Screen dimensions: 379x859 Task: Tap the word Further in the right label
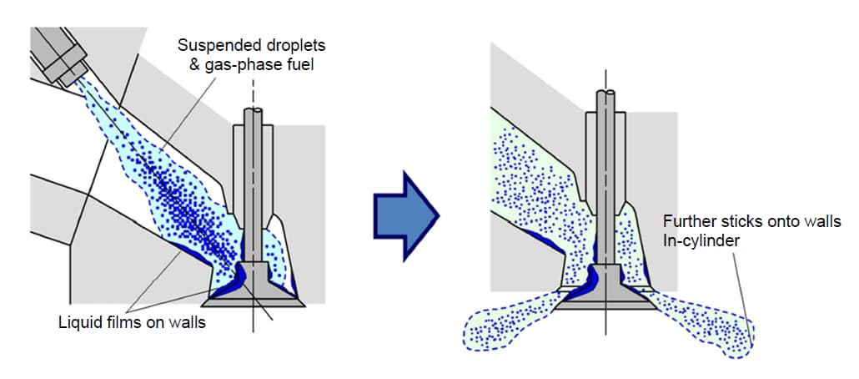tap(687, 222)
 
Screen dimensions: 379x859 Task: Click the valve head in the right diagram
tap(604, 296)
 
